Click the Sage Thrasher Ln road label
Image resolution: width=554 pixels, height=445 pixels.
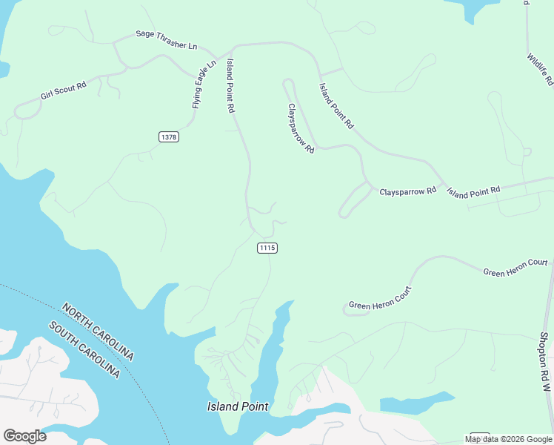pyautogui.click(x=166, y=40)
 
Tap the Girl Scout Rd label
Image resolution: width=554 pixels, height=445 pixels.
pyautogui.click(x=64, y=91)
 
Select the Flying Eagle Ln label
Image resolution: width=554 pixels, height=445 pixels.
pyautogui.click(x=204, y=85)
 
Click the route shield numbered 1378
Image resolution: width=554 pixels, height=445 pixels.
pyautogui.click(x=168, y=136)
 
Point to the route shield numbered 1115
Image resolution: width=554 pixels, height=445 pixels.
pyautogui.click(x=267, y=248)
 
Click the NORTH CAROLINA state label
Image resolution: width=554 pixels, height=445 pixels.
pyautogui.click(x=98, y=332)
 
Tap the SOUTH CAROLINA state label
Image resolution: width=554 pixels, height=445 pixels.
pyautogui.click(x=84, y=350)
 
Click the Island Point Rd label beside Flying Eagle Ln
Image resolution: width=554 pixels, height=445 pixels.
pyautogui.click(x=230, y=85)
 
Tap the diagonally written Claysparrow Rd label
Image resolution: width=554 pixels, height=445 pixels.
pyautogui.click(x=301, y=128)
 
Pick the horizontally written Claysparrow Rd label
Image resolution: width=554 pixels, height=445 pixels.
pyautogui.click(x=408, y=191)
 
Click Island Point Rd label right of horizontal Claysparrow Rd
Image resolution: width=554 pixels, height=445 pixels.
pyautogui.click(x=473, y=192)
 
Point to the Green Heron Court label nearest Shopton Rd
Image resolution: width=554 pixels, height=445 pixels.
pyautogui.click(x=515, y=268)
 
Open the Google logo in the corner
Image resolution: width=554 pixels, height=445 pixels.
pyautogui.click(x=24, y=436)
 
